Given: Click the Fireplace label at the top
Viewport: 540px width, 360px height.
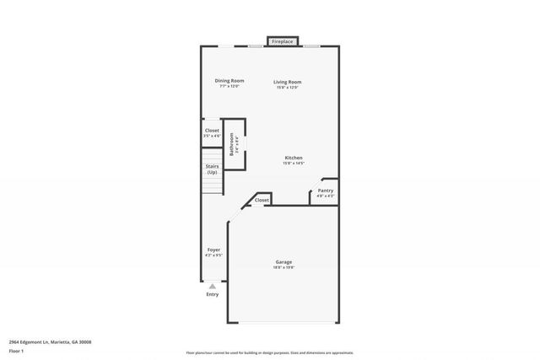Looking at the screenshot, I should [x=282, y=40].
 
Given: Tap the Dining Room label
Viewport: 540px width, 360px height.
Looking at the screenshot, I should [x=229, y=81].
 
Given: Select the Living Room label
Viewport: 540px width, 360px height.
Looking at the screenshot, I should [x=287, y=81].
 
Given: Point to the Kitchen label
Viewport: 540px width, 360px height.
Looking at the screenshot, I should [x=294, y=158].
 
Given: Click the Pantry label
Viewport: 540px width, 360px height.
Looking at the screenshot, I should [x=325, y=191].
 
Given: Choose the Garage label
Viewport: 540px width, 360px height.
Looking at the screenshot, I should [x=283, y=262].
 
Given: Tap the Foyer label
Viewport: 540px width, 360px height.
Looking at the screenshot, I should [x=214, y=250].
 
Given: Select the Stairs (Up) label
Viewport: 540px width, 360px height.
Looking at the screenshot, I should [x=213, y=169].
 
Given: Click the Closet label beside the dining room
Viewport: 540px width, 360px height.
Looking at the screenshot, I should [x=212, y=131].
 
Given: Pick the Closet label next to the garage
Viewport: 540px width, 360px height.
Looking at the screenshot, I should [x=262, y=200].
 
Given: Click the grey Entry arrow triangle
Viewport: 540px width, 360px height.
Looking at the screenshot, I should [x=212, y=287].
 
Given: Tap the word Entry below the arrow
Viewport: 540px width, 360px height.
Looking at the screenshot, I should [x=212, y=294].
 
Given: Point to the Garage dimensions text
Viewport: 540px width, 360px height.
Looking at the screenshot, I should [x=283, y=268].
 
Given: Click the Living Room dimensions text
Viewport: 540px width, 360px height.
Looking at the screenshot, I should [x=287, y=87].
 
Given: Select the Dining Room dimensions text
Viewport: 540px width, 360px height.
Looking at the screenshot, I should [x=229, y=87].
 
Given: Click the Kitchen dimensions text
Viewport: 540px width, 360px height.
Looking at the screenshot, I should [x=294, y=164].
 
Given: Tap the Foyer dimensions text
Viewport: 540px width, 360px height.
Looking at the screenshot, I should [x=214, y=255].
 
